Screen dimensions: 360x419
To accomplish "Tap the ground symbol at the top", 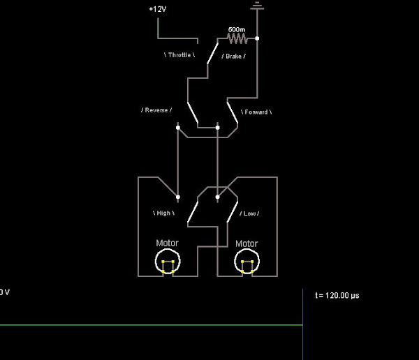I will tap(257, 6).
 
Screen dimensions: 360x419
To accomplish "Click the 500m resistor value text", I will tap(237, 29).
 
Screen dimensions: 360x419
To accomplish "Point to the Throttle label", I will tap(180, 54).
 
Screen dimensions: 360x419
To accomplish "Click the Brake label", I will tap(233, 55).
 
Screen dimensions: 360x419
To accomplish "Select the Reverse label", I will tap(156, 110).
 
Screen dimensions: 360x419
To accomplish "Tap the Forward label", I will tap(256, 112).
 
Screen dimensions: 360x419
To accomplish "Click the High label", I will tap(163, 213).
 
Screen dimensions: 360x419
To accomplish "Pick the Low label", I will tap(249, 213).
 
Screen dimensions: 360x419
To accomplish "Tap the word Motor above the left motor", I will tap(167, 243).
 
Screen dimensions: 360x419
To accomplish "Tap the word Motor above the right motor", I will tap(247, 243).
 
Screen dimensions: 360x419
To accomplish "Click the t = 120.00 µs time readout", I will tap(337, 296).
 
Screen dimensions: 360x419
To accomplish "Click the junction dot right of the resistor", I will tap(257, 38).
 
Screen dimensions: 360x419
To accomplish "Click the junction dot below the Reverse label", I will tap(178, 128).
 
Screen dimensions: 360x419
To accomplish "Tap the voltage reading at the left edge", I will tap(4, 292).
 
